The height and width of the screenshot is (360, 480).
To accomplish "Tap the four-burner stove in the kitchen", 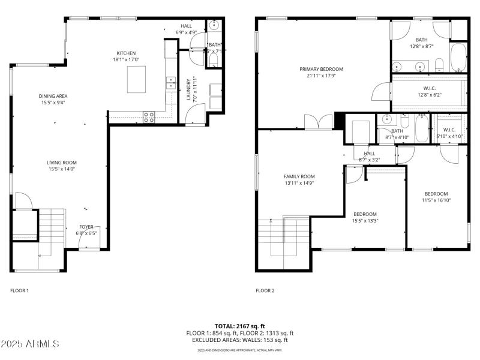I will coord(149,117).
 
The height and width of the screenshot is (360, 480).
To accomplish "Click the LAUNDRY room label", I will coord(188,90).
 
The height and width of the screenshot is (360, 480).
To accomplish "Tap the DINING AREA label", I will coord(53,96).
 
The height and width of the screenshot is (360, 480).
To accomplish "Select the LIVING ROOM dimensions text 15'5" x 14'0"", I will coord(62,169).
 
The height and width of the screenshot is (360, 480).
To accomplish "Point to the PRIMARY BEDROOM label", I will coord(322,69).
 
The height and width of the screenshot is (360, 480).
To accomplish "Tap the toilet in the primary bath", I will coord(439,65).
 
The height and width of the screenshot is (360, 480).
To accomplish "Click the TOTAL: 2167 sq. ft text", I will coord(239,326).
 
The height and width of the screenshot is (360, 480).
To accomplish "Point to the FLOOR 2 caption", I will coord(265,290).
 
